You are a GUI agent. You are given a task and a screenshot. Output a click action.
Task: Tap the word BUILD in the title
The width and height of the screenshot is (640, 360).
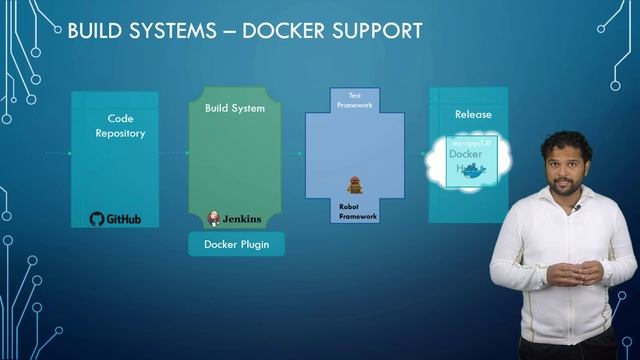click(95, 31)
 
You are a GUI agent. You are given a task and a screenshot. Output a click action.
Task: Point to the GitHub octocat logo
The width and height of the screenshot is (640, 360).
click(96, 219)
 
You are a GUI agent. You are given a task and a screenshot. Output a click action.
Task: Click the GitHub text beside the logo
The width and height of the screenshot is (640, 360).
click(124, 219)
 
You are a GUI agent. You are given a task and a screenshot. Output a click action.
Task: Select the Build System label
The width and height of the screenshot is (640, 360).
click(235, 108)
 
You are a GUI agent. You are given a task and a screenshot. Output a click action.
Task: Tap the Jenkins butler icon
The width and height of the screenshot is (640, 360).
click(213, 218)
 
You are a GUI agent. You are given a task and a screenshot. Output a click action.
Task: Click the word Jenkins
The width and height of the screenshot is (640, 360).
click(243, 219)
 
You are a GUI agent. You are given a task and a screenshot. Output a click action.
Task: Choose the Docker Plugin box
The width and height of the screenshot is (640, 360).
click(236, 244)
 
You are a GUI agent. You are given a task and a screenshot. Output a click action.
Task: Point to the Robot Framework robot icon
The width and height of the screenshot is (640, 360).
click(353, 185)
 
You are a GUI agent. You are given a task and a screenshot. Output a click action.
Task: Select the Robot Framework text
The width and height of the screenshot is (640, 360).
click(358, 210)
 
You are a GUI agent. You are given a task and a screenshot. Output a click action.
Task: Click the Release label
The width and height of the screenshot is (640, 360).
click(473, 114)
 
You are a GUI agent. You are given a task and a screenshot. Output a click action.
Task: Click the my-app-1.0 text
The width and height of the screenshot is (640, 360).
click(461, 144)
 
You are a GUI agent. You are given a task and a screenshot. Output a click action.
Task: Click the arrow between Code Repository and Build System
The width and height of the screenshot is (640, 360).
click(174, 153)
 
